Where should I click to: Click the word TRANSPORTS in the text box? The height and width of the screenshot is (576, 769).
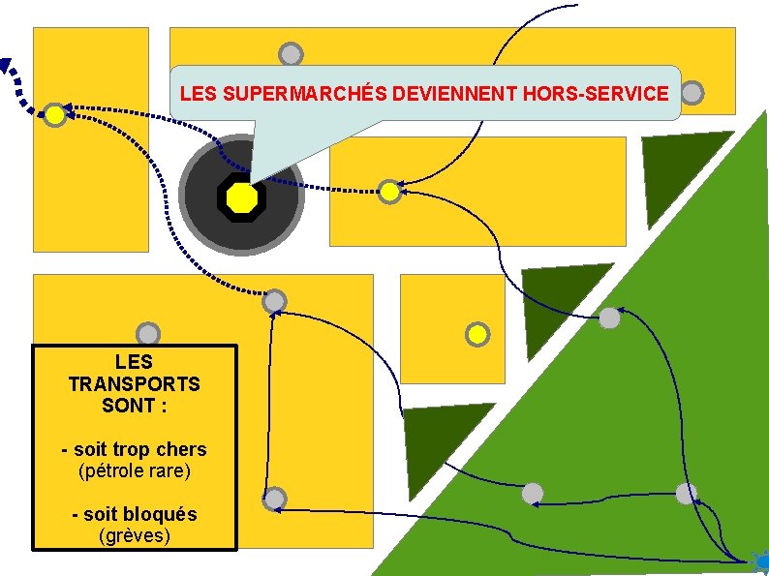(x=135, y=384)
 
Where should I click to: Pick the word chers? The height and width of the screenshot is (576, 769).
(x=181, y=449)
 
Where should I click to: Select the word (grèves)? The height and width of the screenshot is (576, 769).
(x=135, y=535)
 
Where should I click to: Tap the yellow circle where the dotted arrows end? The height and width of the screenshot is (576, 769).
(x=56, y=115)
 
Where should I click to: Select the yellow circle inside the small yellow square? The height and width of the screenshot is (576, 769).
(x=477, y=335)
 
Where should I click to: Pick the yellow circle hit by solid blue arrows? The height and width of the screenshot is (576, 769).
(x=388, y=192)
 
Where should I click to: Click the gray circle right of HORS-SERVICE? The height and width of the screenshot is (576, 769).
(x=692, y=93)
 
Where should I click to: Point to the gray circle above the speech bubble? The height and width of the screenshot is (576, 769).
(x=291, y=55)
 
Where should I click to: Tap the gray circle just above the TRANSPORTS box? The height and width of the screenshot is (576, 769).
(x=148, y=335)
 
